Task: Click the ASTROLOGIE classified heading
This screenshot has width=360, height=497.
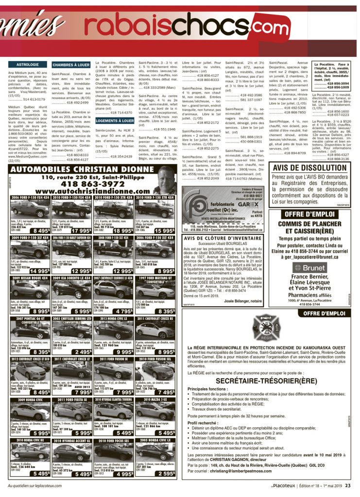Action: [27, 64]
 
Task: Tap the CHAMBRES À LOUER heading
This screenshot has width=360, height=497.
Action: [71, 64]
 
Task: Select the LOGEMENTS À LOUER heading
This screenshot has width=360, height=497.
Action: [114, 120]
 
